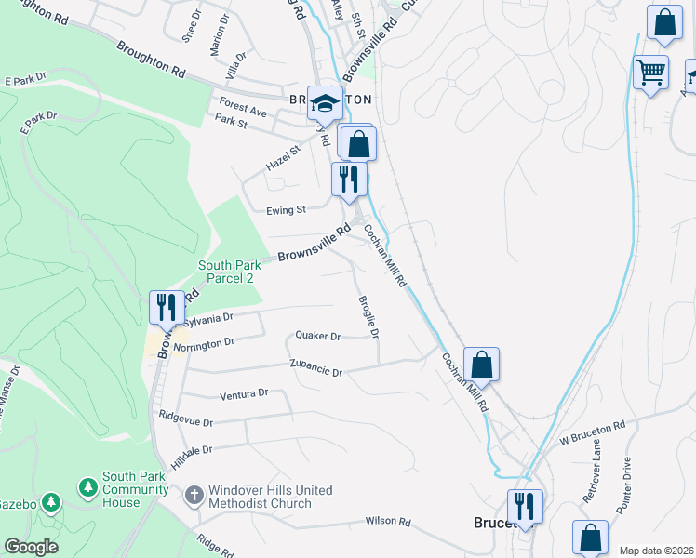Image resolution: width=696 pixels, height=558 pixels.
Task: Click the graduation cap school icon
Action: point(326,103)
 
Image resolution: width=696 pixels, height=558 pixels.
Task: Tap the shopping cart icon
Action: point(650,72)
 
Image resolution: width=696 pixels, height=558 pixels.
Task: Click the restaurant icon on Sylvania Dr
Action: point(167,306)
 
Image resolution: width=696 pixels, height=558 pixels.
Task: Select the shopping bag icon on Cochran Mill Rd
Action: point(481,364)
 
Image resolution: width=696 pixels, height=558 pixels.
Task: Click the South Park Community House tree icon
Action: point(88,487)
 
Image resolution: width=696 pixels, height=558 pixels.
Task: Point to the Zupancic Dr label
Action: point(316,367)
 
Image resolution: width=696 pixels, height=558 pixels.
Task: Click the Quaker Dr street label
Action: point(318,336)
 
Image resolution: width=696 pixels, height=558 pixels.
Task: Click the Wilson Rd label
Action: point(388,523)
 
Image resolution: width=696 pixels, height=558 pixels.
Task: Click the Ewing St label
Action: point(286,210)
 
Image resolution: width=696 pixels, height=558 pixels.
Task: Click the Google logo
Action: point(31,547)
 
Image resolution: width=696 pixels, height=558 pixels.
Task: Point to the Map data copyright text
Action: point(655,551)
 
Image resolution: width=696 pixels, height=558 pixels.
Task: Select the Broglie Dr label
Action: point(369,317)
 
